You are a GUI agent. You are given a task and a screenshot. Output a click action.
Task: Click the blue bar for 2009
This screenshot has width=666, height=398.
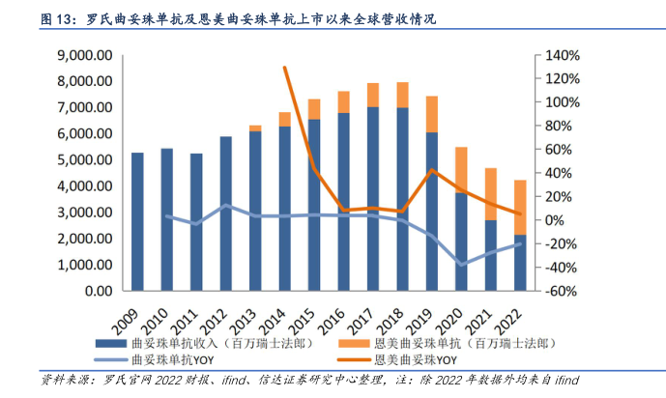(137, 222)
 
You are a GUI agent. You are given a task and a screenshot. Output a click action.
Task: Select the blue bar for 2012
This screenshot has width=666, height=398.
(226, 213)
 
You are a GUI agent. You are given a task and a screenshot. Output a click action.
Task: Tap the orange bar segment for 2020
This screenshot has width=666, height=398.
(462, 170)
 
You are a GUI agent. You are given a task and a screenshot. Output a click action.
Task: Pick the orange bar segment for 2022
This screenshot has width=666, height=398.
(520, 208)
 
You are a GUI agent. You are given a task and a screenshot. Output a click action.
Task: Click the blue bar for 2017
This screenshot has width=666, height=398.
(373, 199)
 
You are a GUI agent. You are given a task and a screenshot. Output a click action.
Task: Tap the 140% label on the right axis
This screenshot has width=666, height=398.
(561, 56)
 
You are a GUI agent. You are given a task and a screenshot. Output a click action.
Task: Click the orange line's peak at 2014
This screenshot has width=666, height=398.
(285, 67)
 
